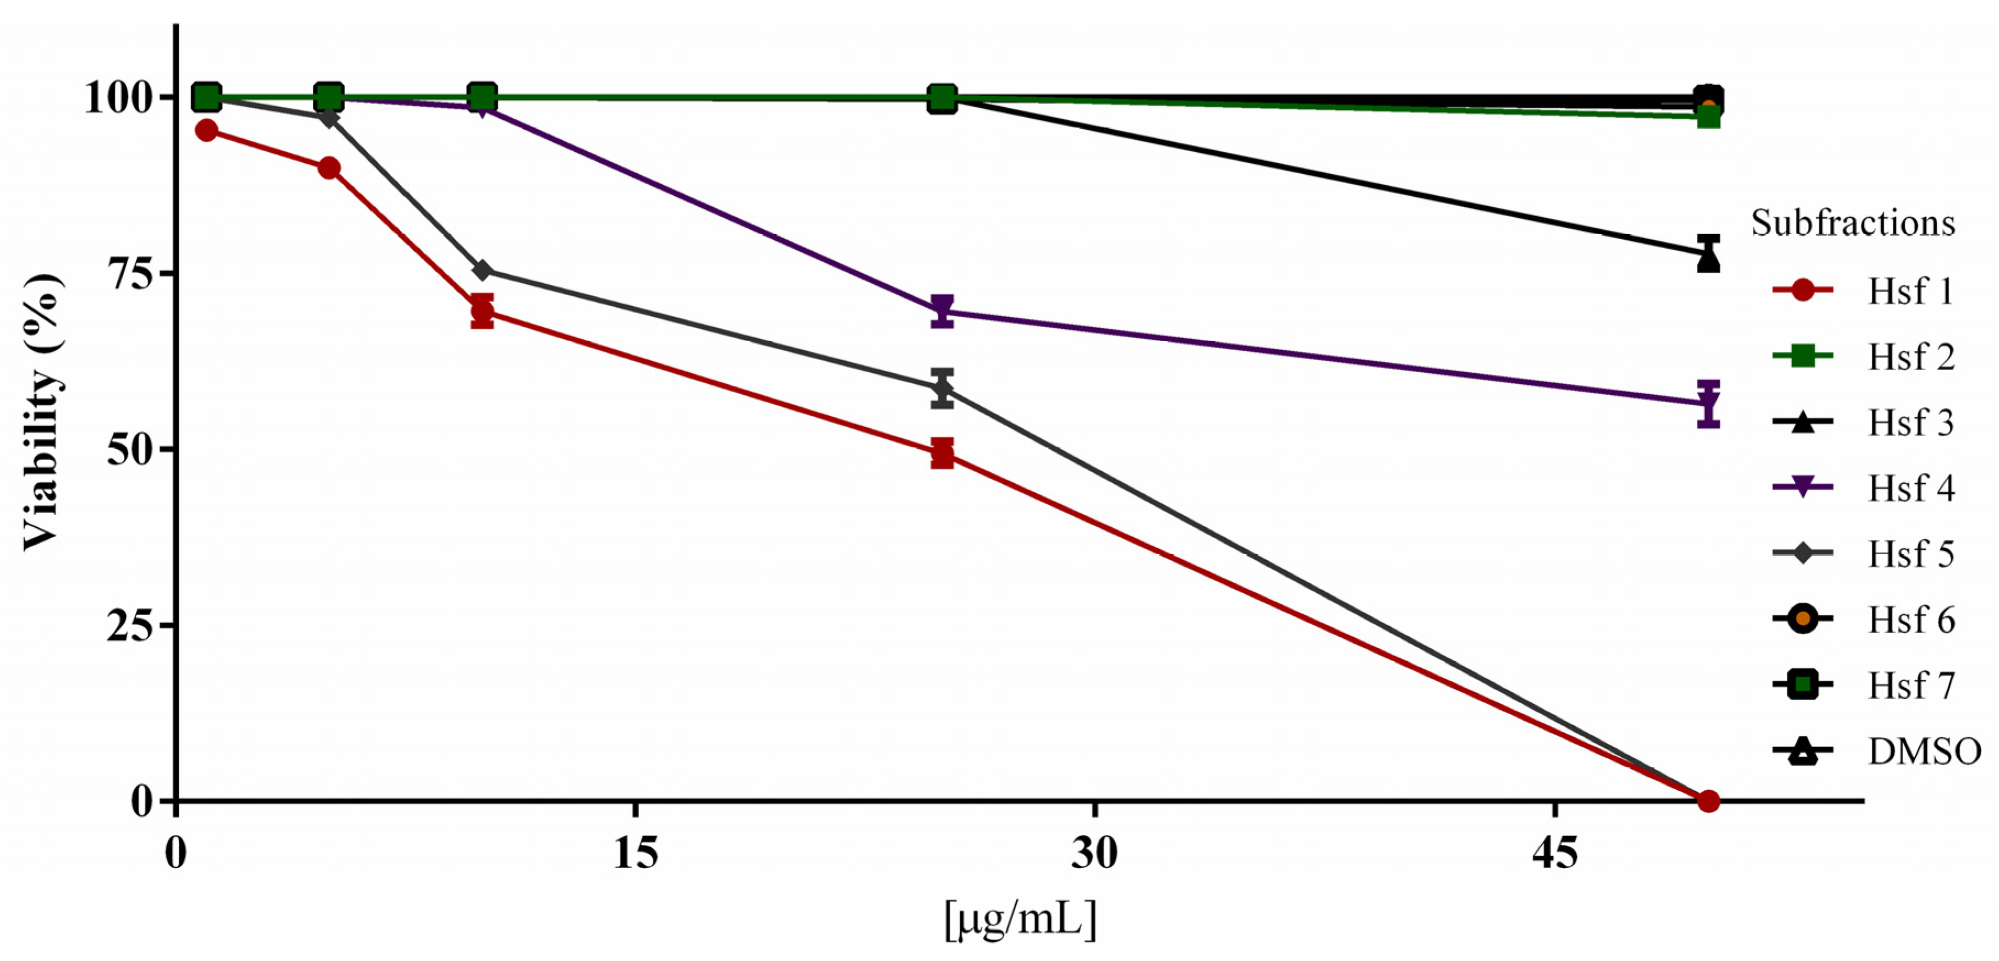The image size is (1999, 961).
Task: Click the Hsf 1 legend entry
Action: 1863,291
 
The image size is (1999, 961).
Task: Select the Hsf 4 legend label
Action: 1910,488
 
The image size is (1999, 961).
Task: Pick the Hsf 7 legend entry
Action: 1863,685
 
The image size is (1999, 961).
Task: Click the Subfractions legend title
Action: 1852,223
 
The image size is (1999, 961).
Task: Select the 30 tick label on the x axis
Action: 1094,853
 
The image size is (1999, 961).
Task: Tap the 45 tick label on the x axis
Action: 1555,853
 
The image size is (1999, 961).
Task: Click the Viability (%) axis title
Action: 43,411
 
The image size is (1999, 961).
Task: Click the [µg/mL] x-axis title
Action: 1020,920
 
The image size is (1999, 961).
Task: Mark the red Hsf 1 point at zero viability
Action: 1708,800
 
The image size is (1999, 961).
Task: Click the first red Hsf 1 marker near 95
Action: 206,130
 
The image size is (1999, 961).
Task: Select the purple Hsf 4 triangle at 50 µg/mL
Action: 1708,404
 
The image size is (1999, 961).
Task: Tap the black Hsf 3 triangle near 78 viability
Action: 1708,259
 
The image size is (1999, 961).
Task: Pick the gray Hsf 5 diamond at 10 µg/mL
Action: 482,270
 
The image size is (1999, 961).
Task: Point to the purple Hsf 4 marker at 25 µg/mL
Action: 942,311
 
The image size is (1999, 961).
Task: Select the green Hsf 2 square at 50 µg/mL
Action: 1708,117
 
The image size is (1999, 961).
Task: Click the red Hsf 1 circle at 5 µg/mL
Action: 329,168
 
